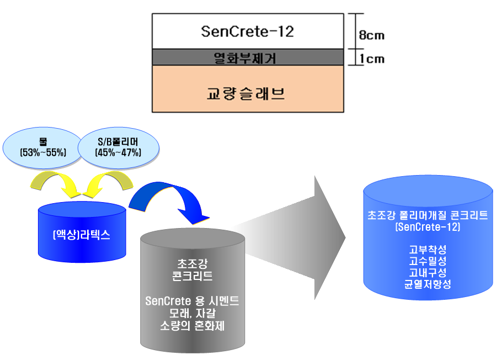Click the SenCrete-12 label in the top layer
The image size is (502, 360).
pos(247,31)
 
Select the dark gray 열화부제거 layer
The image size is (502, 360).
pos(247,57)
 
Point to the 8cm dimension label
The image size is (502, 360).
pos(371,36)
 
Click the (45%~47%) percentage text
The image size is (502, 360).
pos(118,152)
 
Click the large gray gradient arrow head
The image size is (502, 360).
pos(328,237)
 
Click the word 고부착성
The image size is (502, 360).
pos(428,249)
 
